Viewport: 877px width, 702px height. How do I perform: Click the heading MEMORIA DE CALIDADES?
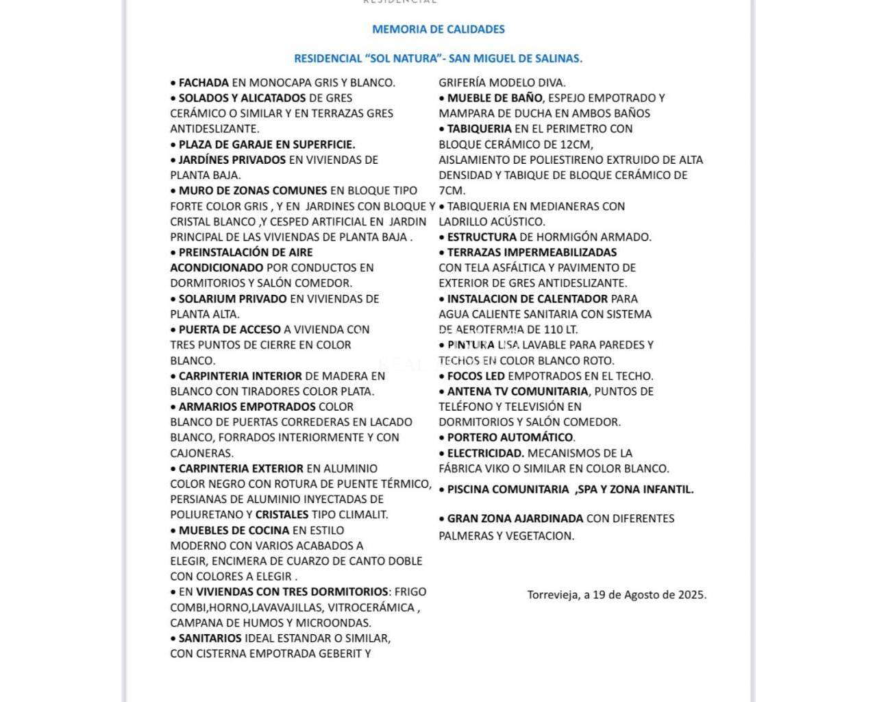pos(438,29)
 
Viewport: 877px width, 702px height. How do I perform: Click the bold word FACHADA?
pos(203,83)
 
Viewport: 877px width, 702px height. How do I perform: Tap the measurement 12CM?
pos(577,145)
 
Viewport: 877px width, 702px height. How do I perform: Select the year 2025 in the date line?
pos(691,595)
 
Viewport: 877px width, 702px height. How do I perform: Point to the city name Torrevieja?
pos(552,595)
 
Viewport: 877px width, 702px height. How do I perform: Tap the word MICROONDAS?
pos(338,623)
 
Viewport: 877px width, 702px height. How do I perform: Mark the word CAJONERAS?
pos(202,453)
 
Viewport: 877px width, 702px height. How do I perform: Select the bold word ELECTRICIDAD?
pos(486,453)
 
